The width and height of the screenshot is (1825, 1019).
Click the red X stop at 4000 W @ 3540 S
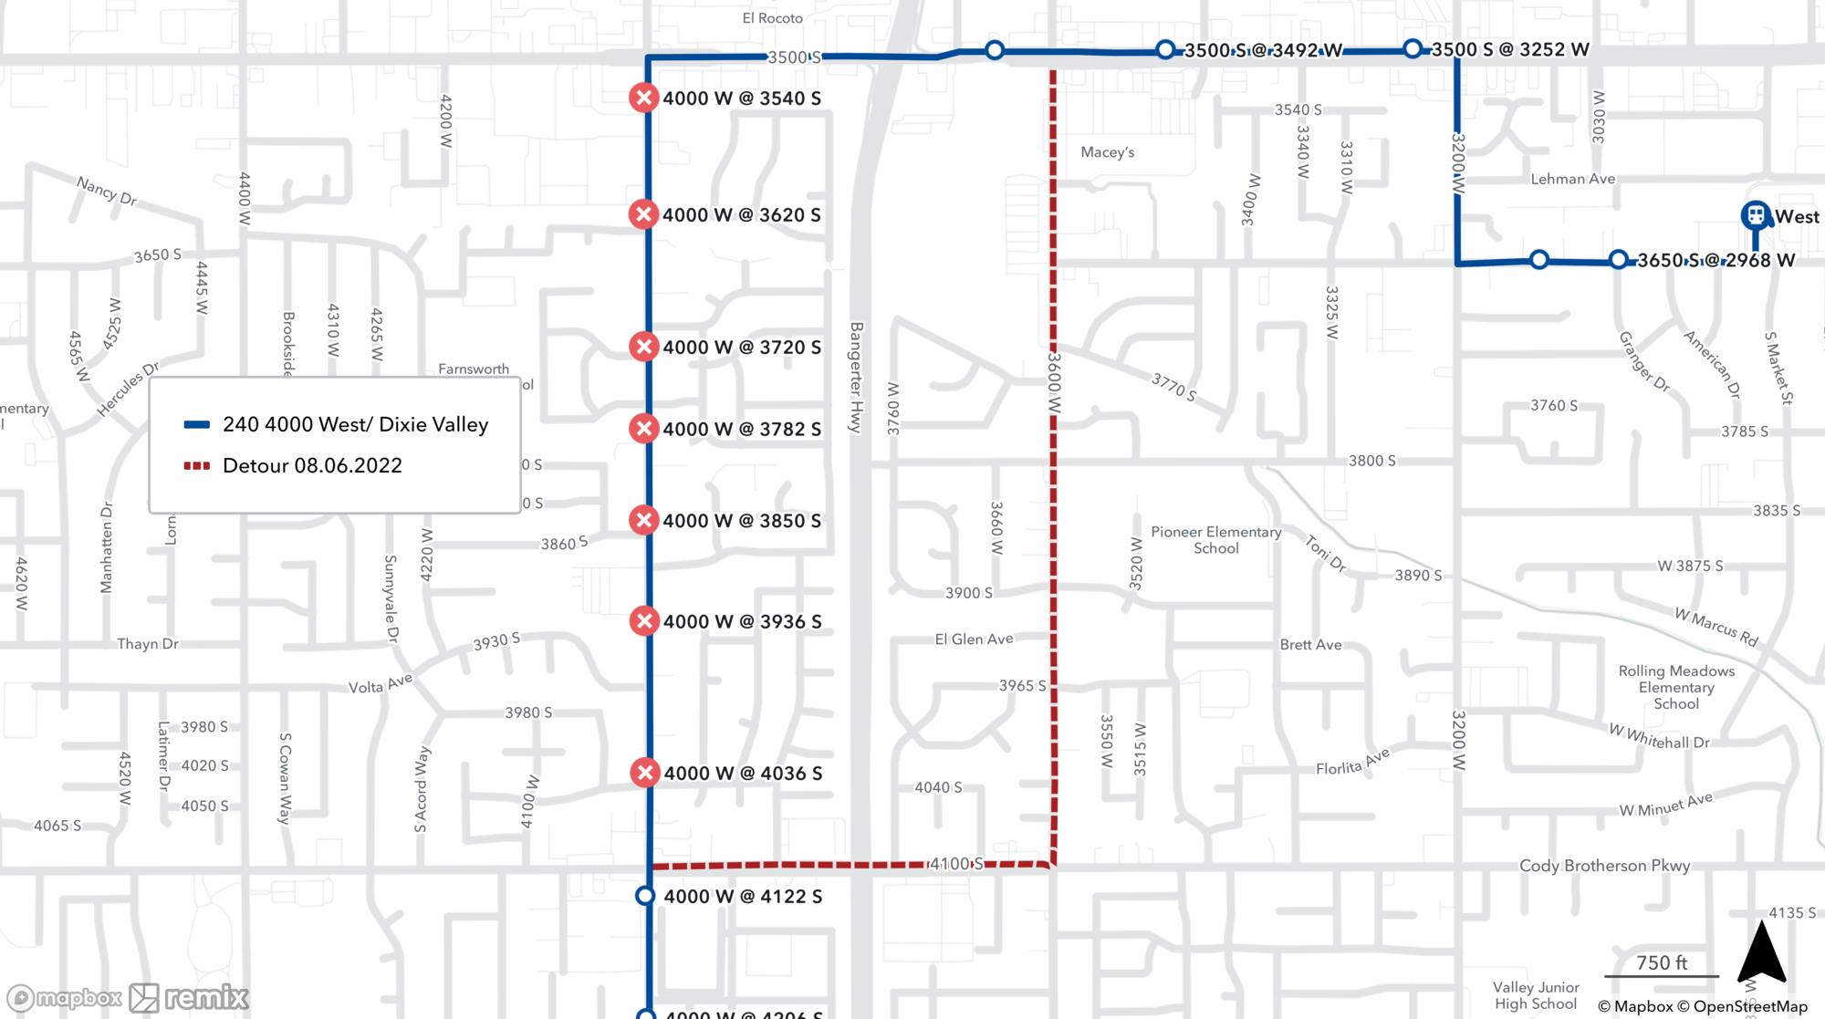644,98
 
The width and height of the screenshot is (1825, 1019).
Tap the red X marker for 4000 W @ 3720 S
644,347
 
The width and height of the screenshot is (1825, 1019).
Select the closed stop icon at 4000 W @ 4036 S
645,773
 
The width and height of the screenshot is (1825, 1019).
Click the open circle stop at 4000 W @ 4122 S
645,896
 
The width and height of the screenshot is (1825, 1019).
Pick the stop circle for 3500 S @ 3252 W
1413,48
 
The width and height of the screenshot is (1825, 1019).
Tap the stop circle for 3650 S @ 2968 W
1618,260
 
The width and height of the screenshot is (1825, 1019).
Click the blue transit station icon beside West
1756,216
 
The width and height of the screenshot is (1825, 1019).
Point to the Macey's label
1107,152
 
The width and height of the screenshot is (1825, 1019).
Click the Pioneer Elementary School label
1215,540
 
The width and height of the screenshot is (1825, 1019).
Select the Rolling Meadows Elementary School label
1676,687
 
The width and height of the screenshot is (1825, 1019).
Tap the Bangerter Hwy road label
856,378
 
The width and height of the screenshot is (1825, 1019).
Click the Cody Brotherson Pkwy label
1604,866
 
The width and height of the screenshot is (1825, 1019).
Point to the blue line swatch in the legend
197,424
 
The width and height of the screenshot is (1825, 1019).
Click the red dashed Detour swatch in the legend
197,465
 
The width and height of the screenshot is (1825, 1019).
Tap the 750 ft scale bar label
1661,962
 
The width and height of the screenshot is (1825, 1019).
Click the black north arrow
1761,953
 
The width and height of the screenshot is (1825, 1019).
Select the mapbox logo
64,998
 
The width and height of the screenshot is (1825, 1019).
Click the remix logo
189,998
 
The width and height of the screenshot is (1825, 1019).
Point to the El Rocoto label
772,18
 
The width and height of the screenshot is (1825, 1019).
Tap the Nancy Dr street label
107,192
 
